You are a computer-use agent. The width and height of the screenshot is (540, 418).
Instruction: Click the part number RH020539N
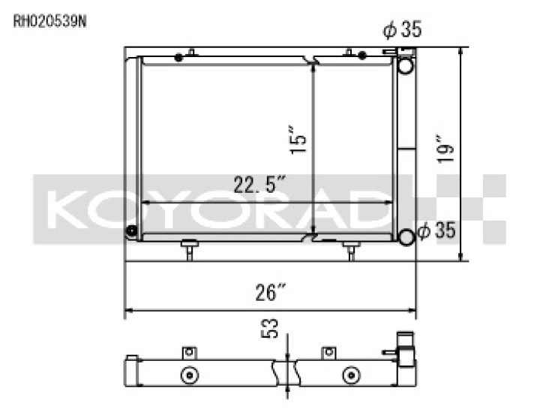tap(50, 22)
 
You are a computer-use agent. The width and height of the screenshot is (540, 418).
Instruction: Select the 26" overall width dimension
tap(266, 292)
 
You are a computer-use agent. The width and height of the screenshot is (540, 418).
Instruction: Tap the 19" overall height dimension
tap(445, 149)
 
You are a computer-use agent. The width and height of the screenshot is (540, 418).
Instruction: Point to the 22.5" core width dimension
tap(260, 185)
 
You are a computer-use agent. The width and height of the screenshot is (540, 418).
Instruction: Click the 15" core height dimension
tap(298, 140)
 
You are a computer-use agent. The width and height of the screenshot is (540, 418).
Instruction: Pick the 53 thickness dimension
tap(270, 329)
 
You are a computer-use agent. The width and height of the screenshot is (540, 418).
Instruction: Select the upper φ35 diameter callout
tap(402, 29)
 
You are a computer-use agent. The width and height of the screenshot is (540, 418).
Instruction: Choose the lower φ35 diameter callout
tap(436, 230)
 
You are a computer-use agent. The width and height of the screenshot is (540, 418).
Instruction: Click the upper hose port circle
tap(406, 65)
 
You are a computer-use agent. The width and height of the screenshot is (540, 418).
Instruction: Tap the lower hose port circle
tap(406, 237)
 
